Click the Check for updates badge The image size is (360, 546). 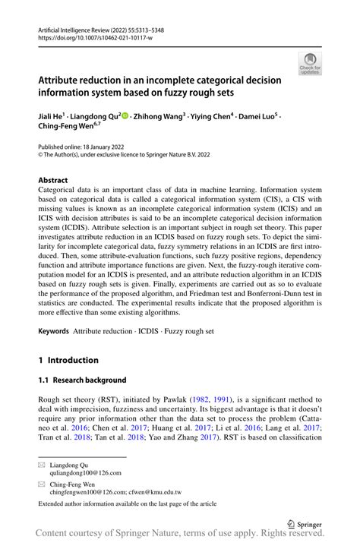(x=310, y=64)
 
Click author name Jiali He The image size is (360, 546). (x=55, y=117)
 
